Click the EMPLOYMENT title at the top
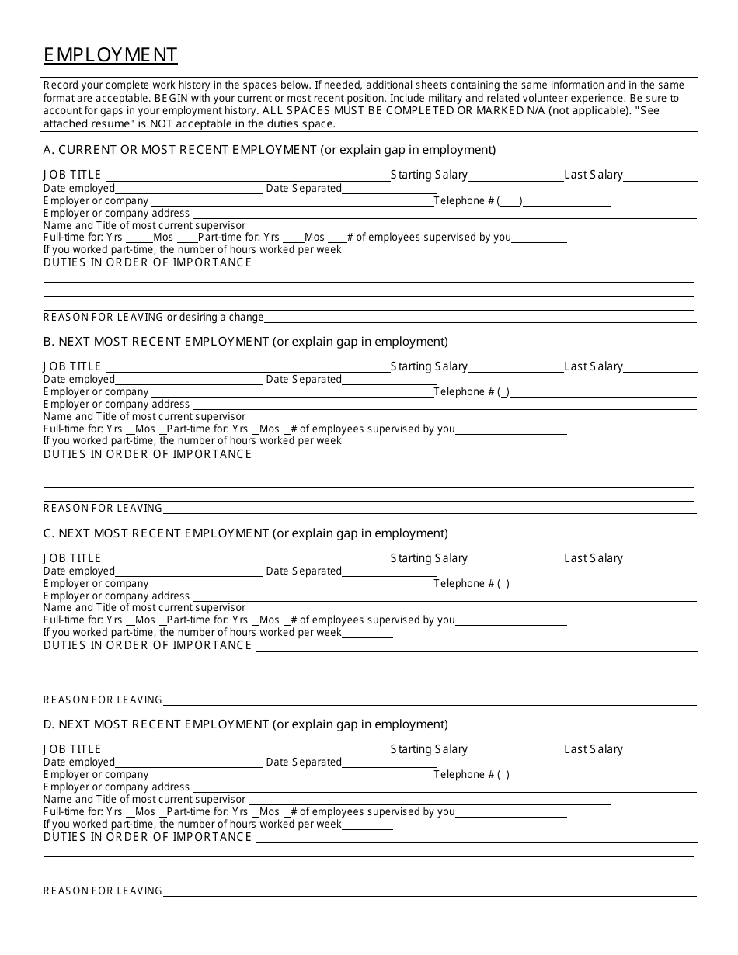(x=110, y=54)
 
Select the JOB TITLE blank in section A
(x=247, y=176)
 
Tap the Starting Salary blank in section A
(x=516, y=176)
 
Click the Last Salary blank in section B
(x=660, y=368)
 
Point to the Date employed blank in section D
(x=189, y=763)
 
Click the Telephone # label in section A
(x=464, y=201)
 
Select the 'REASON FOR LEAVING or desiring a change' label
(x=153, y=317)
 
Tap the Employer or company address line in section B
(x=443, y=405)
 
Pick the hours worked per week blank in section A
(x=367, y=252)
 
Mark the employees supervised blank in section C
(x=510, y=621)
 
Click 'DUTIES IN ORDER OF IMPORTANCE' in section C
(x=148, y=645)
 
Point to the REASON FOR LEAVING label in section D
(x=103, y=891)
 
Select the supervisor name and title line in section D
(x=427, y=800)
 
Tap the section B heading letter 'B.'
(x=49, y=341)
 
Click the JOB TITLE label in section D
(x=72, y=749)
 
